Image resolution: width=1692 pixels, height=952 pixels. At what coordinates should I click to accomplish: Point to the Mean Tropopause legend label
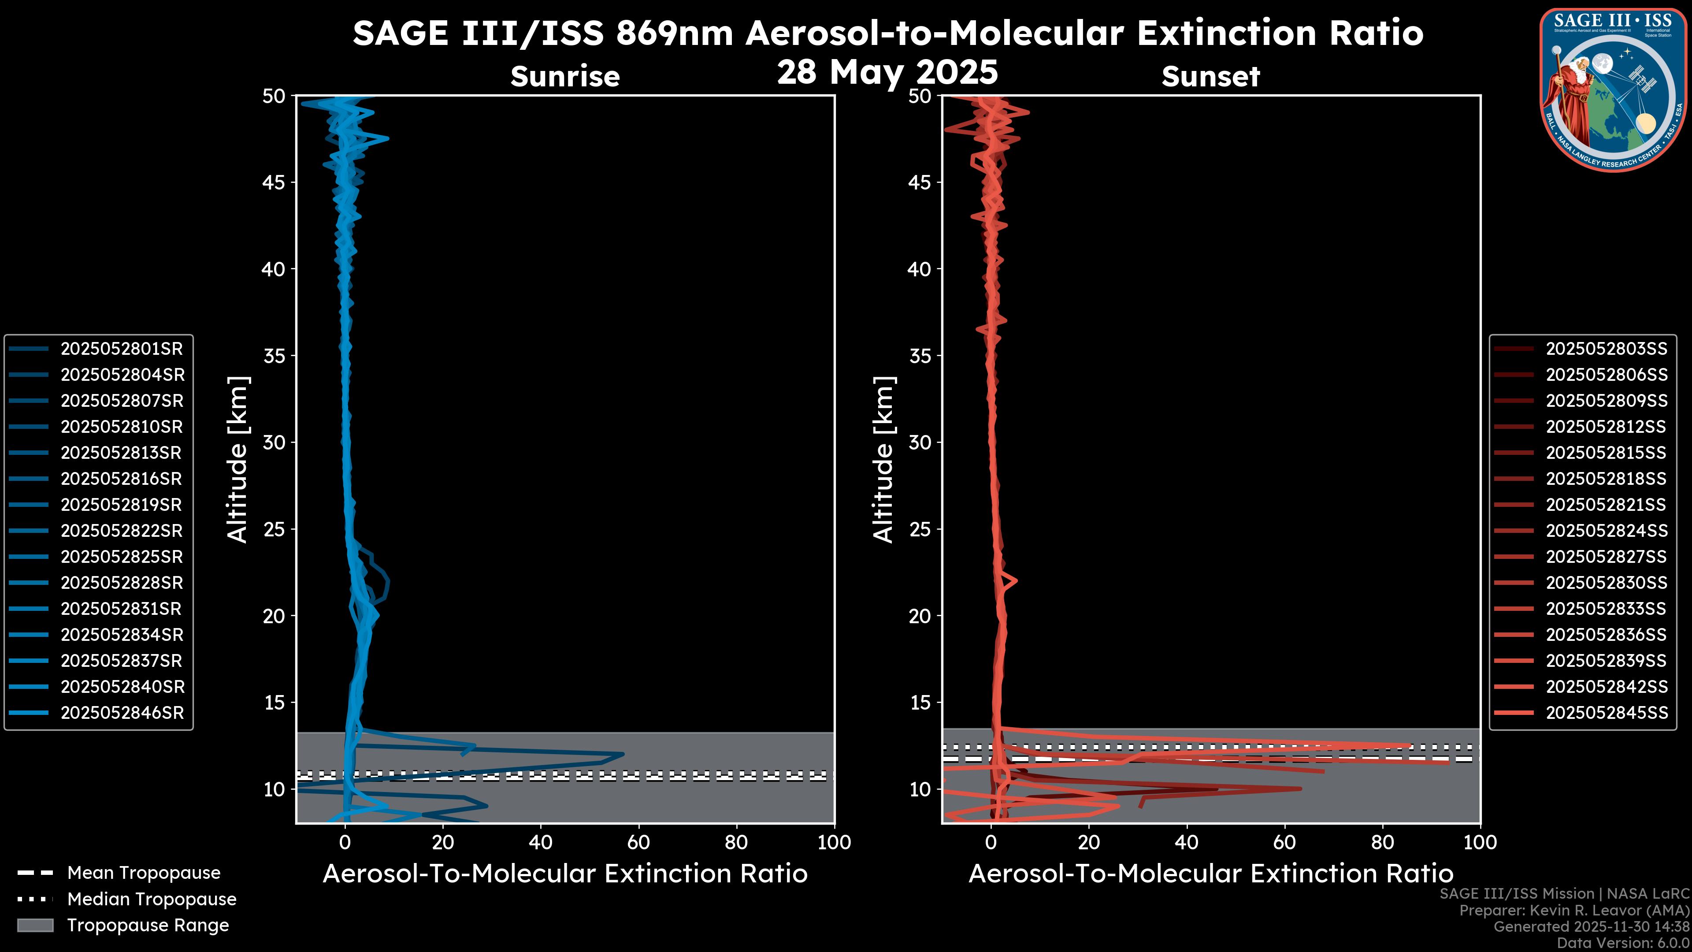[x=144, y=873]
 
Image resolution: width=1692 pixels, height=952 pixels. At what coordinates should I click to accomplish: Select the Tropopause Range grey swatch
[x=35, y=925]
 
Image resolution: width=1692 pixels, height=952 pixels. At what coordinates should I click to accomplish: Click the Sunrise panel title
[x=565, y=76]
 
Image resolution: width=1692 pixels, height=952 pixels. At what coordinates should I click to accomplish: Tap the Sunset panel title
[x=1210, y=76]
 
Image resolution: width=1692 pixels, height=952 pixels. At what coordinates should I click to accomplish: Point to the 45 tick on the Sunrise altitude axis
[x=274, y=182]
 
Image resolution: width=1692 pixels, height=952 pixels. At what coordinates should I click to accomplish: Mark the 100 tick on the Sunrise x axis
[x=834, y=842]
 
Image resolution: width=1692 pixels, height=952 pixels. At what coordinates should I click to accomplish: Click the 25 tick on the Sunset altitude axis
[x=920, y=529]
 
